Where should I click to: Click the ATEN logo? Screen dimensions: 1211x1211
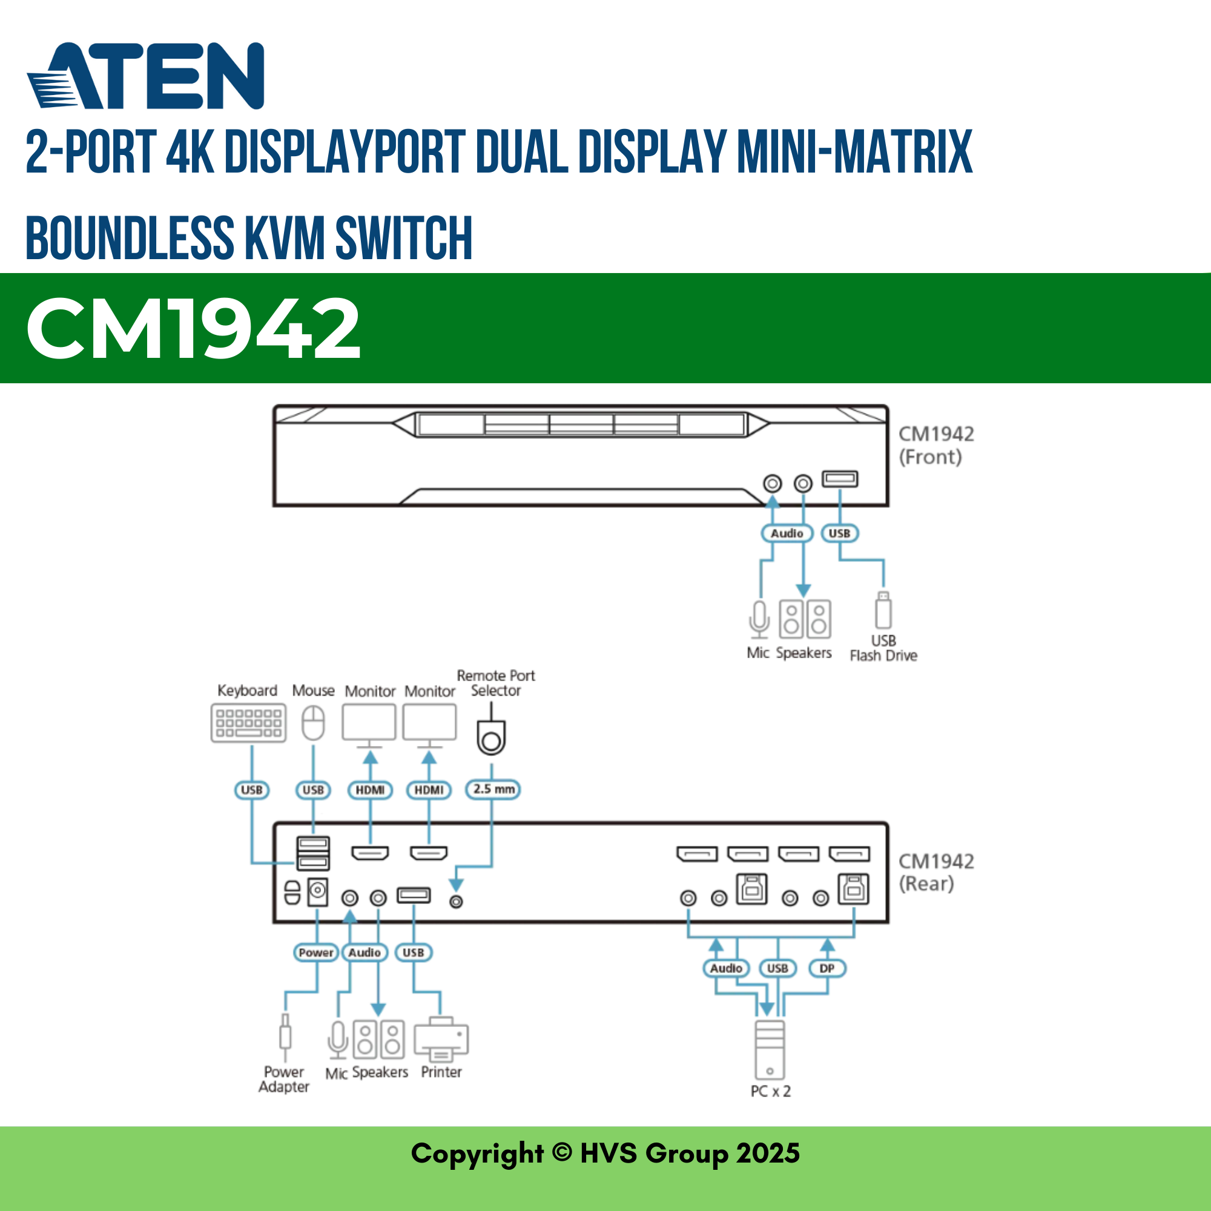(x=145, y=76)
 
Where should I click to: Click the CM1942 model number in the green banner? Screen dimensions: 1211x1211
(x=193, y=328)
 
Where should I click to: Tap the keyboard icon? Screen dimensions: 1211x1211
(x=248, y=723)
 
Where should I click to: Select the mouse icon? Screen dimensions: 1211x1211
(x=313, y=723)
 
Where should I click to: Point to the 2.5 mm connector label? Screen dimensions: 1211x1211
(x=493, y=789)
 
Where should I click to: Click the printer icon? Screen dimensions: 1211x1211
(x=441, y=1041)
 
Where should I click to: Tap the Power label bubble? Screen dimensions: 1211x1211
(x=316, y=952)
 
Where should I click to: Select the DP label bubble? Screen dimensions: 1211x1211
(x=827, y=968)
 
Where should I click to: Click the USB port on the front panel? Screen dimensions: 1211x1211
(x=840, y=480)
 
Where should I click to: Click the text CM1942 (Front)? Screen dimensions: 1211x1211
(x=936, y=445)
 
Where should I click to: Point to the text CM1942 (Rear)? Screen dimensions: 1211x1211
(x=936, y=872)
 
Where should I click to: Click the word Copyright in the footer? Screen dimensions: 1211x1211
(x=477, y=1153)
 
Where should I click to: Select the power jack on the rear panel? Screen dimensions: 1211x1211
(x=318, y=890)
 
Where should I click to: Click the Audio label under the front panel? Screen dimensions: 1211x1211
(x=787, y=533)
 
